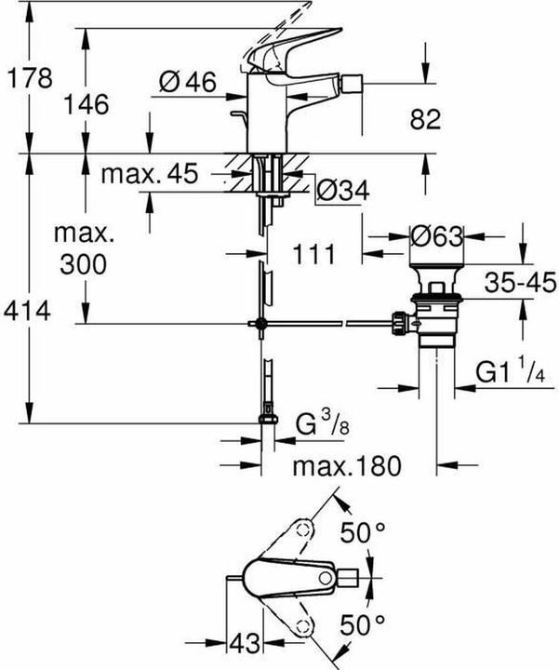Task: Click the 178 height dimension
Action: [x=24, y=79]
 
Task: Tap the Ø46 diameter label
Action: [x=187, y=83]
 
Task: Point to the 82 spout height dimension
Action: [x=425, y=120]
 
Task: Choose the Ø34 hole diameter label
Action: [x=343, y=191]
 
